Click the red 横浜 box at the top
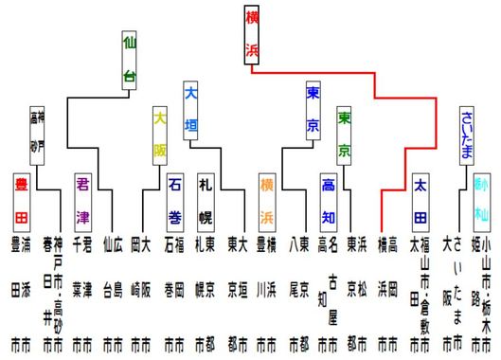[x=251, y=35]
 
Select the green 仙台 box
[x=130, y=59]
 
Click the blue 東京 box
[x=313, y=110]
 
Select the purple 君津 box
[x=83, y=196]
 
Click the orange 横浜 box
[x=268, y=196]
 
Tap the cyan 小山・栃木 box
[x=481, y=196]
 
